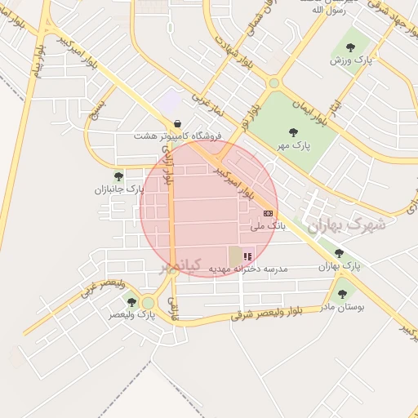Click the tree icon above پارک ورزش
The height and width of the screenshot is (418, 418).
(x=351, y=47)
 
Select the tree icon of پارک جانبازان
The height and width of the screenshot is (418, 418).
(x=118, y=176)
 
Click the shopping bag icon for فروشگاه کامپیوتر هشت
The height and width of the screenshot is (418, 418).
(x=177, y=124)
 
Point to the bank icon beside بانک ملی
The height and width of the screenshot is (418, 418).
(x=269, y=212)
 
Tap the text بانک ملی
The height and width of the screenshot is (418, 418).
(x=269, y=225)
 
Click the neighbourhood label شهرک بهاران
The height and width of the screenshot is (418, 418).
(x=336, y=223)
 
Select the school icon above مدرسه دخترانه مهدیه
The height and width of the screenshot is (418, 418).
(x=247, y=256)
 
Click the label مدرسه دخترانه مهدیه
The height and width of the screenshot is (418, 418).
(x=243, y=269)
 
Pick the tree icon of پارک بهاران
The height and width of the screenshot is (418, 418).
(x=339, y=254)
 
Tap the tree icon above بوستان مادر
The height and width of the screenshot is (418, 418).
(x=341, y=295)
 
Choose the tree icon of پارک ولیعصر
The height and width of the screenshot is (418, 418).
(x=131, y=302)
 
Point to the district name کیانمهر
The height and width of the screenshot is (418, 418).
(x=179, y=266)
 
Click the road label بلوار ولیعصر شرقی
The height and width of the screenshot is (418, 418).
(x=266, y=313)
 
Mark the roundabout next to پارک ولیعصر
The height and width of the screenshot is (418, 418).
(x=148, y=303)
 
